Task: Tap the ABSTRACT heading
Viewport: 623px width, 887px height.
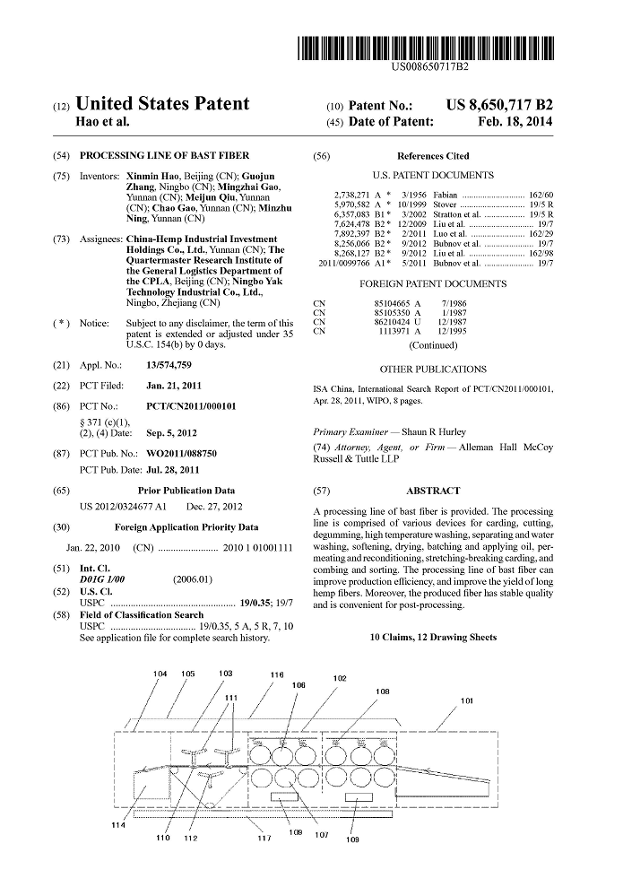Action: click(x=433, y=491)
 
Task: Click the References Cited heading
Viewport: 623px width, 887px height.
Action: click(x=433, y=156)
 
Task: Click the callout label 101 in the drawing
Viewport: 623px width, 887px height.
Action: click(x=467, y=700)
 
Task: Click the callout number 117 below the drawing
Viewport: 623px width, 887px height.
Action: click(x=264, y=839)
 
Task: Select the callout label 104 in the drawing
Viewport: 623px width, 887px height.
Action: click(x=160, y=674)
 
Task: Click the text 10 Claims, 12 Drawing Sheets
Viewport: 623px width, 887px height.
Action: click(x=433, y=638)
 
